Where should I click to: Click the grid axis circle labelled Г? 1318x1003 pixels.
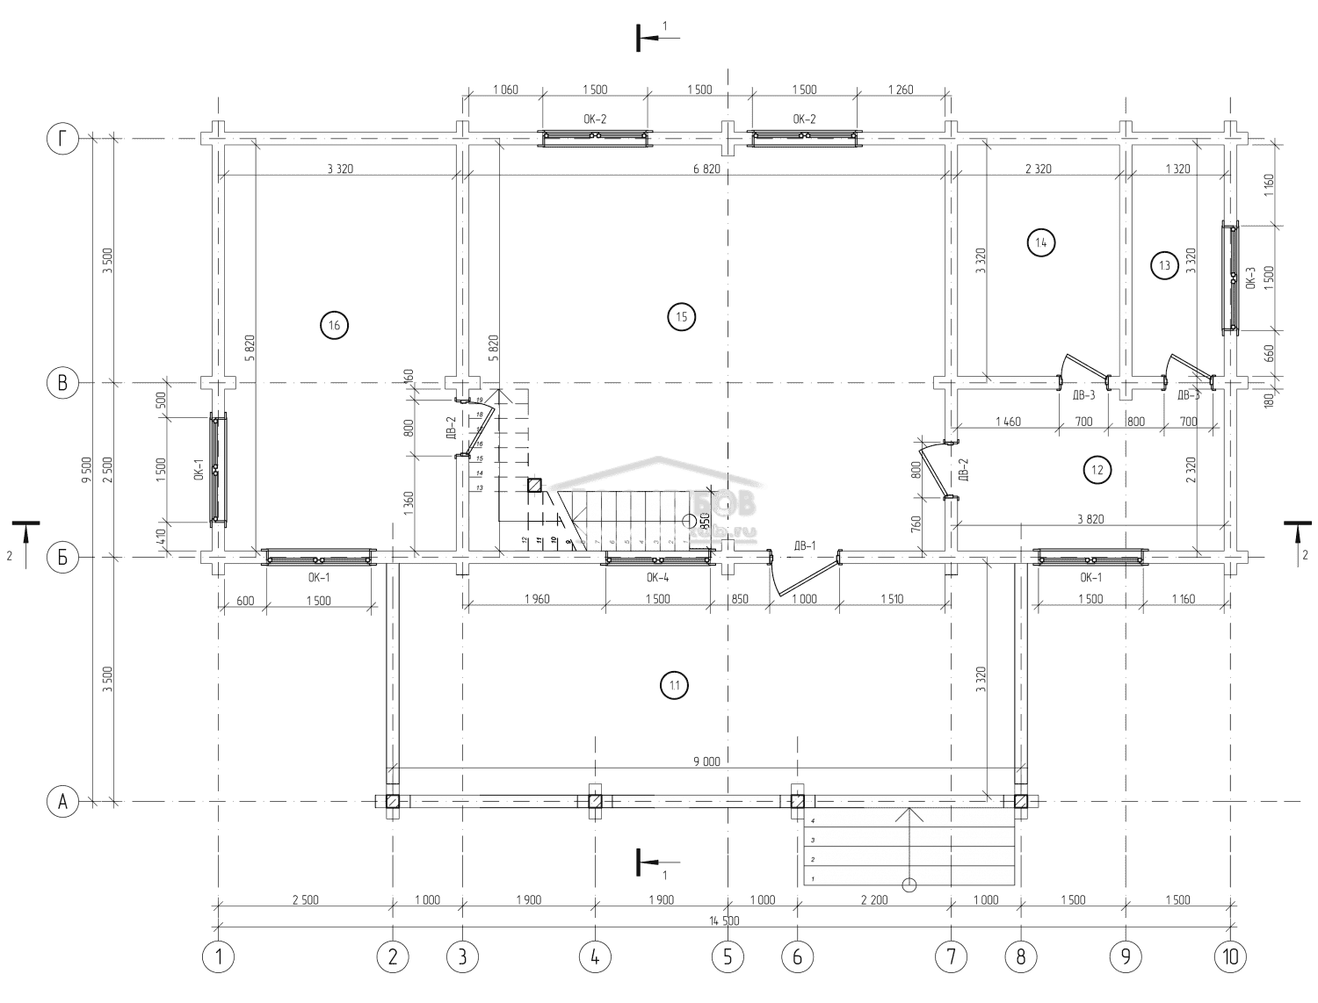62,139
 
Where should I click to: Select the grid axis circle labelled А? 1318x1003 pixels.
62,801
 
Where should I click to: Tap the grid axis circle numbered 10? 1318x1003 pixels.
1230,956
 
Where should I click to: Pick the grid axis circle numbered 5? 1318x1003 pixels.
728,956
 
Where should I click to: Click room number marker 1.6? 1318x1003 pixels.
335,325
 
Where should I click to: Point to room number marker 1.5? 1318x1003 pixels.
682,316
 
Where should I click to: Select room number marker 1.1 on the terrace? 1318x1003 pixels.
674,685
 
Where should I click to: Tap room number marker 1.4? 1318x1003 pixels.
1041,242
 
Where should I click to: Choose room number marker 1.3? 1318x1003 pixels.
1165,264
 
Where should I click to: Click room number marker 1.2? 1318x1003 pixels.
1097,471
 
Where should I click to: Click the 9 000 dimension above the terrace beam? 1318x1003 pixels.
706,761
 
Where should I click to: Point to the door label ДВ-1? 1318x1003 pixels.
805,545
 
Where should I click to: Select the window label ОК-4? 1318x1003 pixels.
657,577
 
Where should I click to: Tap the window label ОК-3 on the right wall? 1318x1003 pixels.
1249,278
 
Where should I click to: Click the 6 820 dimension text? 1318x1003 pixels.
706,169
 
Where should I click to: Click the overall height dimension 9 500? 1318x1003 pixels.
86,470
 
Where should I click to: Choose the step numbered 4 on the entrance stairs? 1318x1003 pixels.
814,820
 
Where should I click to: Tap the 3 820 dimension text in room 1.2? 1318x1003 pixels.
1090,519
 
